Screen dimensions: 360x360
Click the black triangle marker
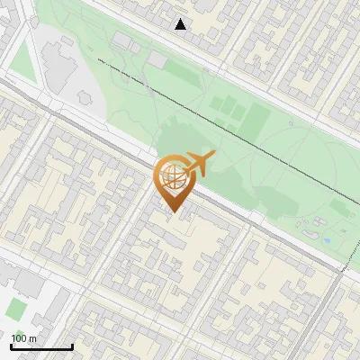[181, 24]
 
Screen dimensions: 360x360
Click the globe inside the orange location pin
[171, 176]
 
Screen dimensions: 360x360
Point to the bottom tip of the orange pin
[171, 211]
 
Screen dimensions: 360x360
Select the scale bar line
[40, 347]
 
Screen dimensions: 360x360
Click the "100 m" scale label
[24, 338]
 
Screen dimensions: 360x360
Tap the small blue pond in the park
[327, 241]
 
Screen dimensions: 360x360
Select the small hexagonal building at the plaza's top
[65, 40]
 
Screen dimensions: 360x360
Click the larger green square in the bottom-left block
[15, 309]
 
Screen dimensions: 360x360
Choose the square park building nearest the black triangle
[158, 59]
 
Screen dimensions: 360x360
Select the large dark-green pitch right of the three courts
[259, 116]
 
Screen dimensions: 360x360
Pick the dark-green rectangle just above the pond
[339, 208]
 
